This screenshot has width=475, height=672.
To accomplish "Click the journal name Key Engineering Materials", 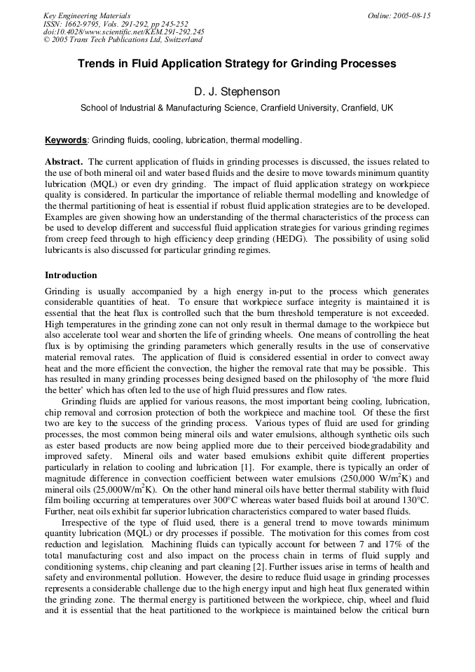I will point(87,15).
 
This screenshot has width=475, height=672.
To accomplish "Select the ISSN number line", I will point(115,24).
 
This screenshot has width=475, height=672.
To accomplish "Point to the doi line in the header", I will point(124,32).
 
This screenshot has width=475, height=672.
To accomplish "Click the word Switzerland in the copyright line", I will point(178,40).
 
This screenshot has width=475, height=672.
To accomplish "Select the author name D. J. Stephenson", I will point(237,92).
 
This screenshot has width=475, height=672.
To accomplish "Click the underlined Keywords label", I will point(67,140).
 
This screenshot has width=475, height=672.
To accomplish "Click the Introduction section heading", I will point(71,275).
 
